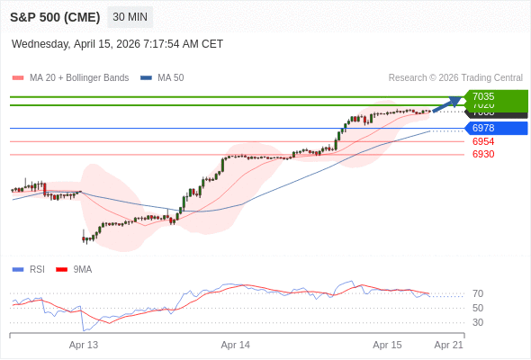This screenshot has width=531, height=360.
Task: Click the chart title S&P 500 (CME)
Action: point(54,17)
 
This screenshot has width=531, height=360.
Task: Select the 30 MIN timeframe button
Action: point(130,17)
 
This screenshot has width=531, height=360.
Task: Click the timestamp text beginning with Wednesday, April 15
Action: point(117,44)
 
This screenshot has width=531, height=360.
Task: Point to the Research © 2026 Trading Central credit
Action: point(455,77)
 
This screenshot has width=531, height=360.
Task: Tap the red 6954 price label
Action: point(483,141)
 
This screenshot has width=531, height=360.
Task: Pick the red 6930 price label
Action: point(483,154)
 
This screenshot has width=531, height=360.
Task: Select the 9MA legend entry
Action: point(82,269)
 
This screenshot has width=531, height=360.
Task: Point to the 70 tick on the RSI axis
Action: point(478,293)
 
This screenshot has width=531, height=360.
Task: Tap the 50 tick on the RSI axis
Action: point(478,308)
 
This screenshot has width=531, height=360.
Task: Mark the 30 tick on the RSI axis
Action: point(478,322)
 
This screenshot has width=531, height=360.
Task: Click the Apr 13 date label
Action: point(84,345)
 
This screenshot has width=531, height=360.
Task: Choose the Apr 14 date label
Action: point(236,345)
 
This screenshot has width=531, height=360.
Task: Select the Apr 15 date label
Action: point(388,345)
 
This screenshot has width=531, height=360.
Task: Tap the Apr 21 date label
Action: point(448,345)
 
